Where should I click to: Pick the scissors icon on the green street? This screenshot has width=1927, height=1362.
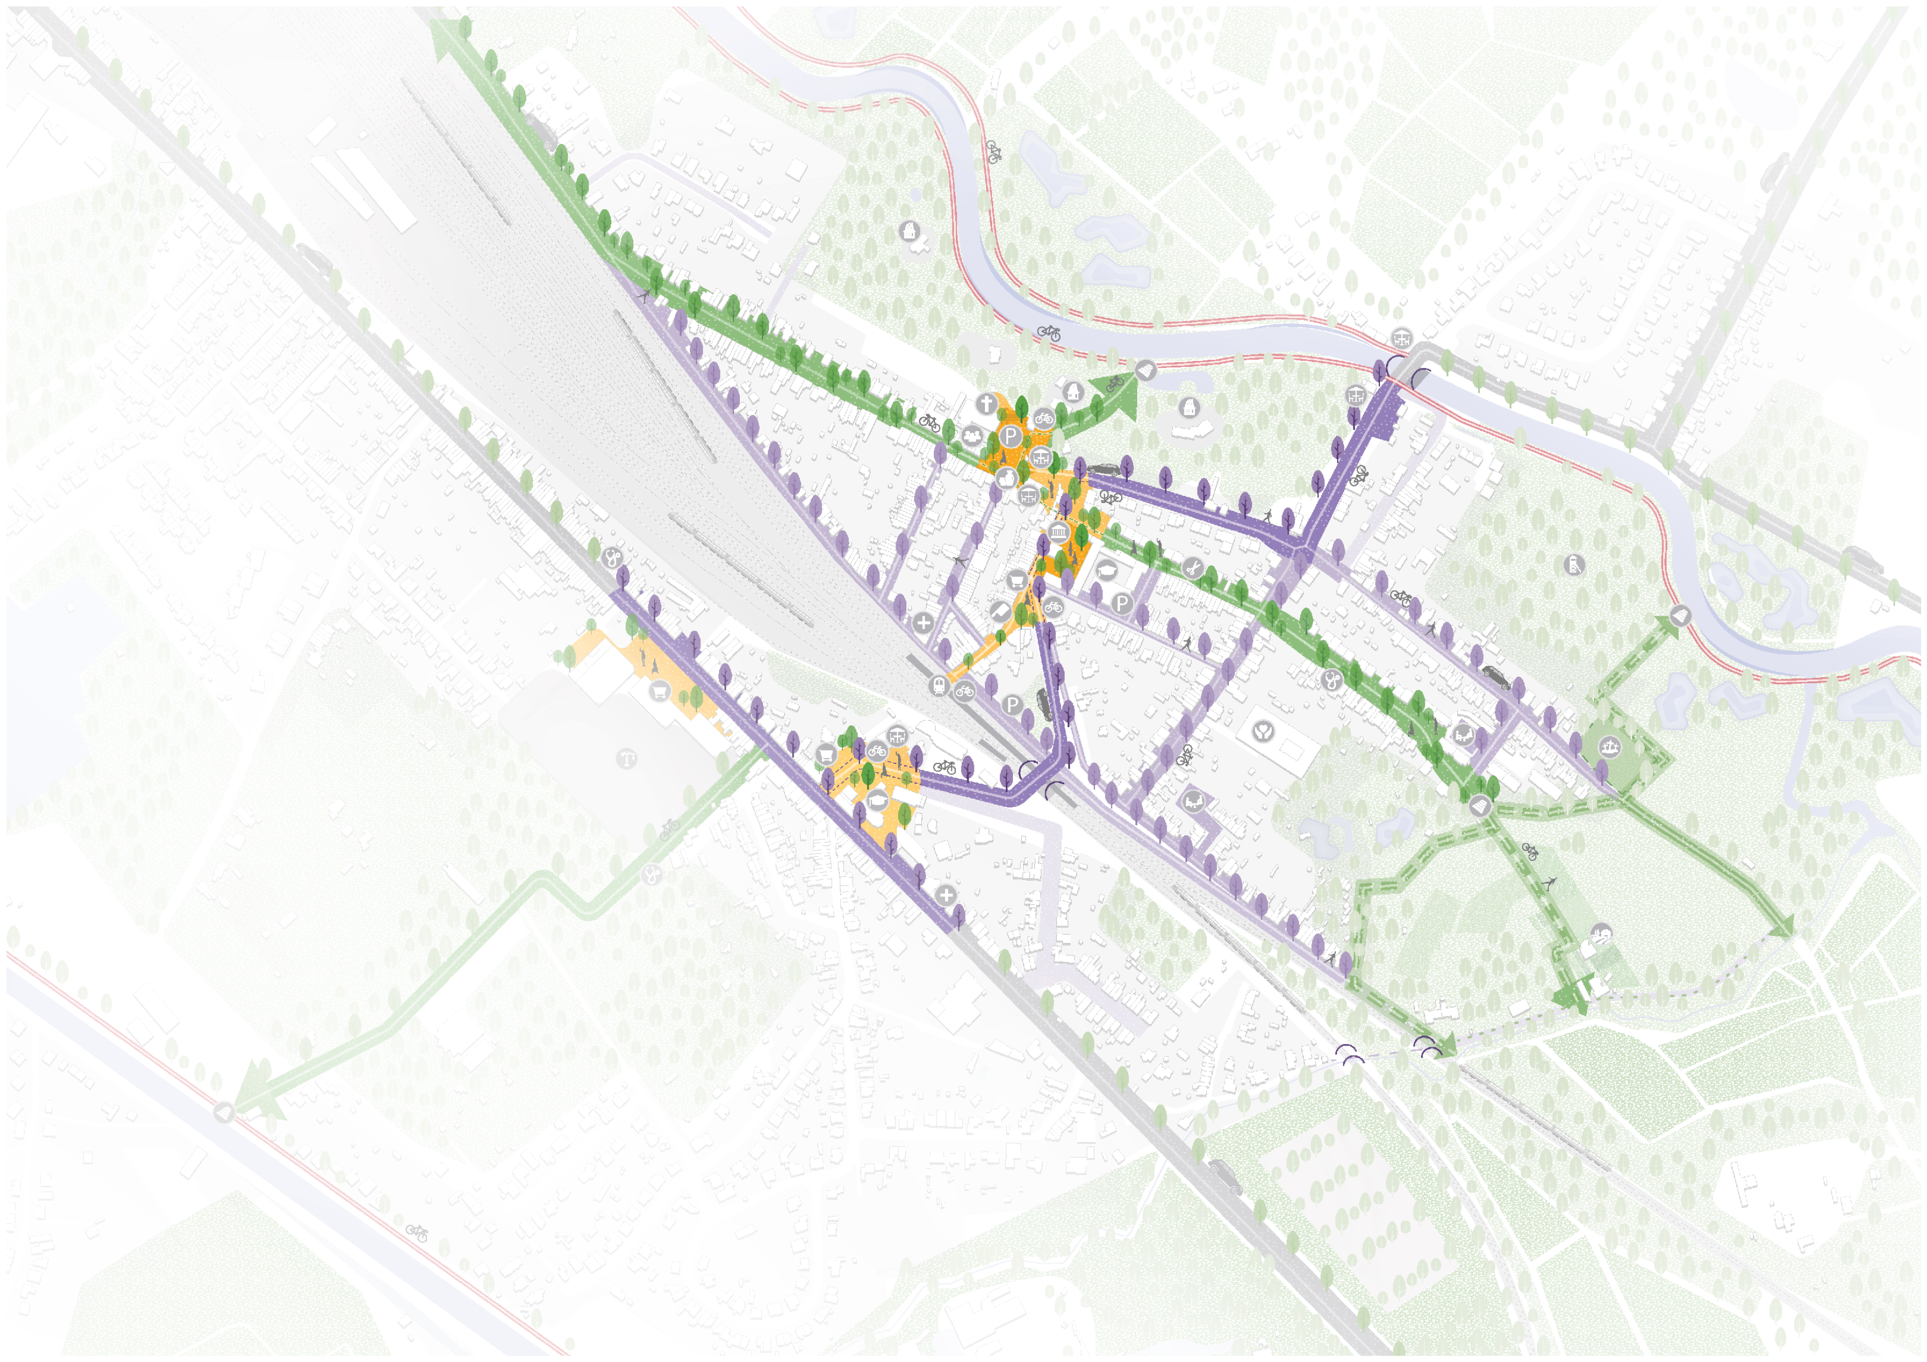1192,568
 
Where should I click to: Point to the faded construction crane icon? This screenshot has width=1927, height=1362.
627,760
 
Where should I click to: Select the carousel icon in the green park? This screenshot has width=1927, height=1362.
1609,745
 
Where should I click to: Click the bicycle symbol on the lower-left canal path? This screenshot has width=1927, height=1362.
417,1233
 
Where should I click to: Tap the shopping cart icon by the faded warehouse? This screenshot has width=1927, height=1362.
659,691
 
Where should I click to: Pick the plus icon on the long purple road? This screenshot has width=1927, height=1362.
946,895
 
